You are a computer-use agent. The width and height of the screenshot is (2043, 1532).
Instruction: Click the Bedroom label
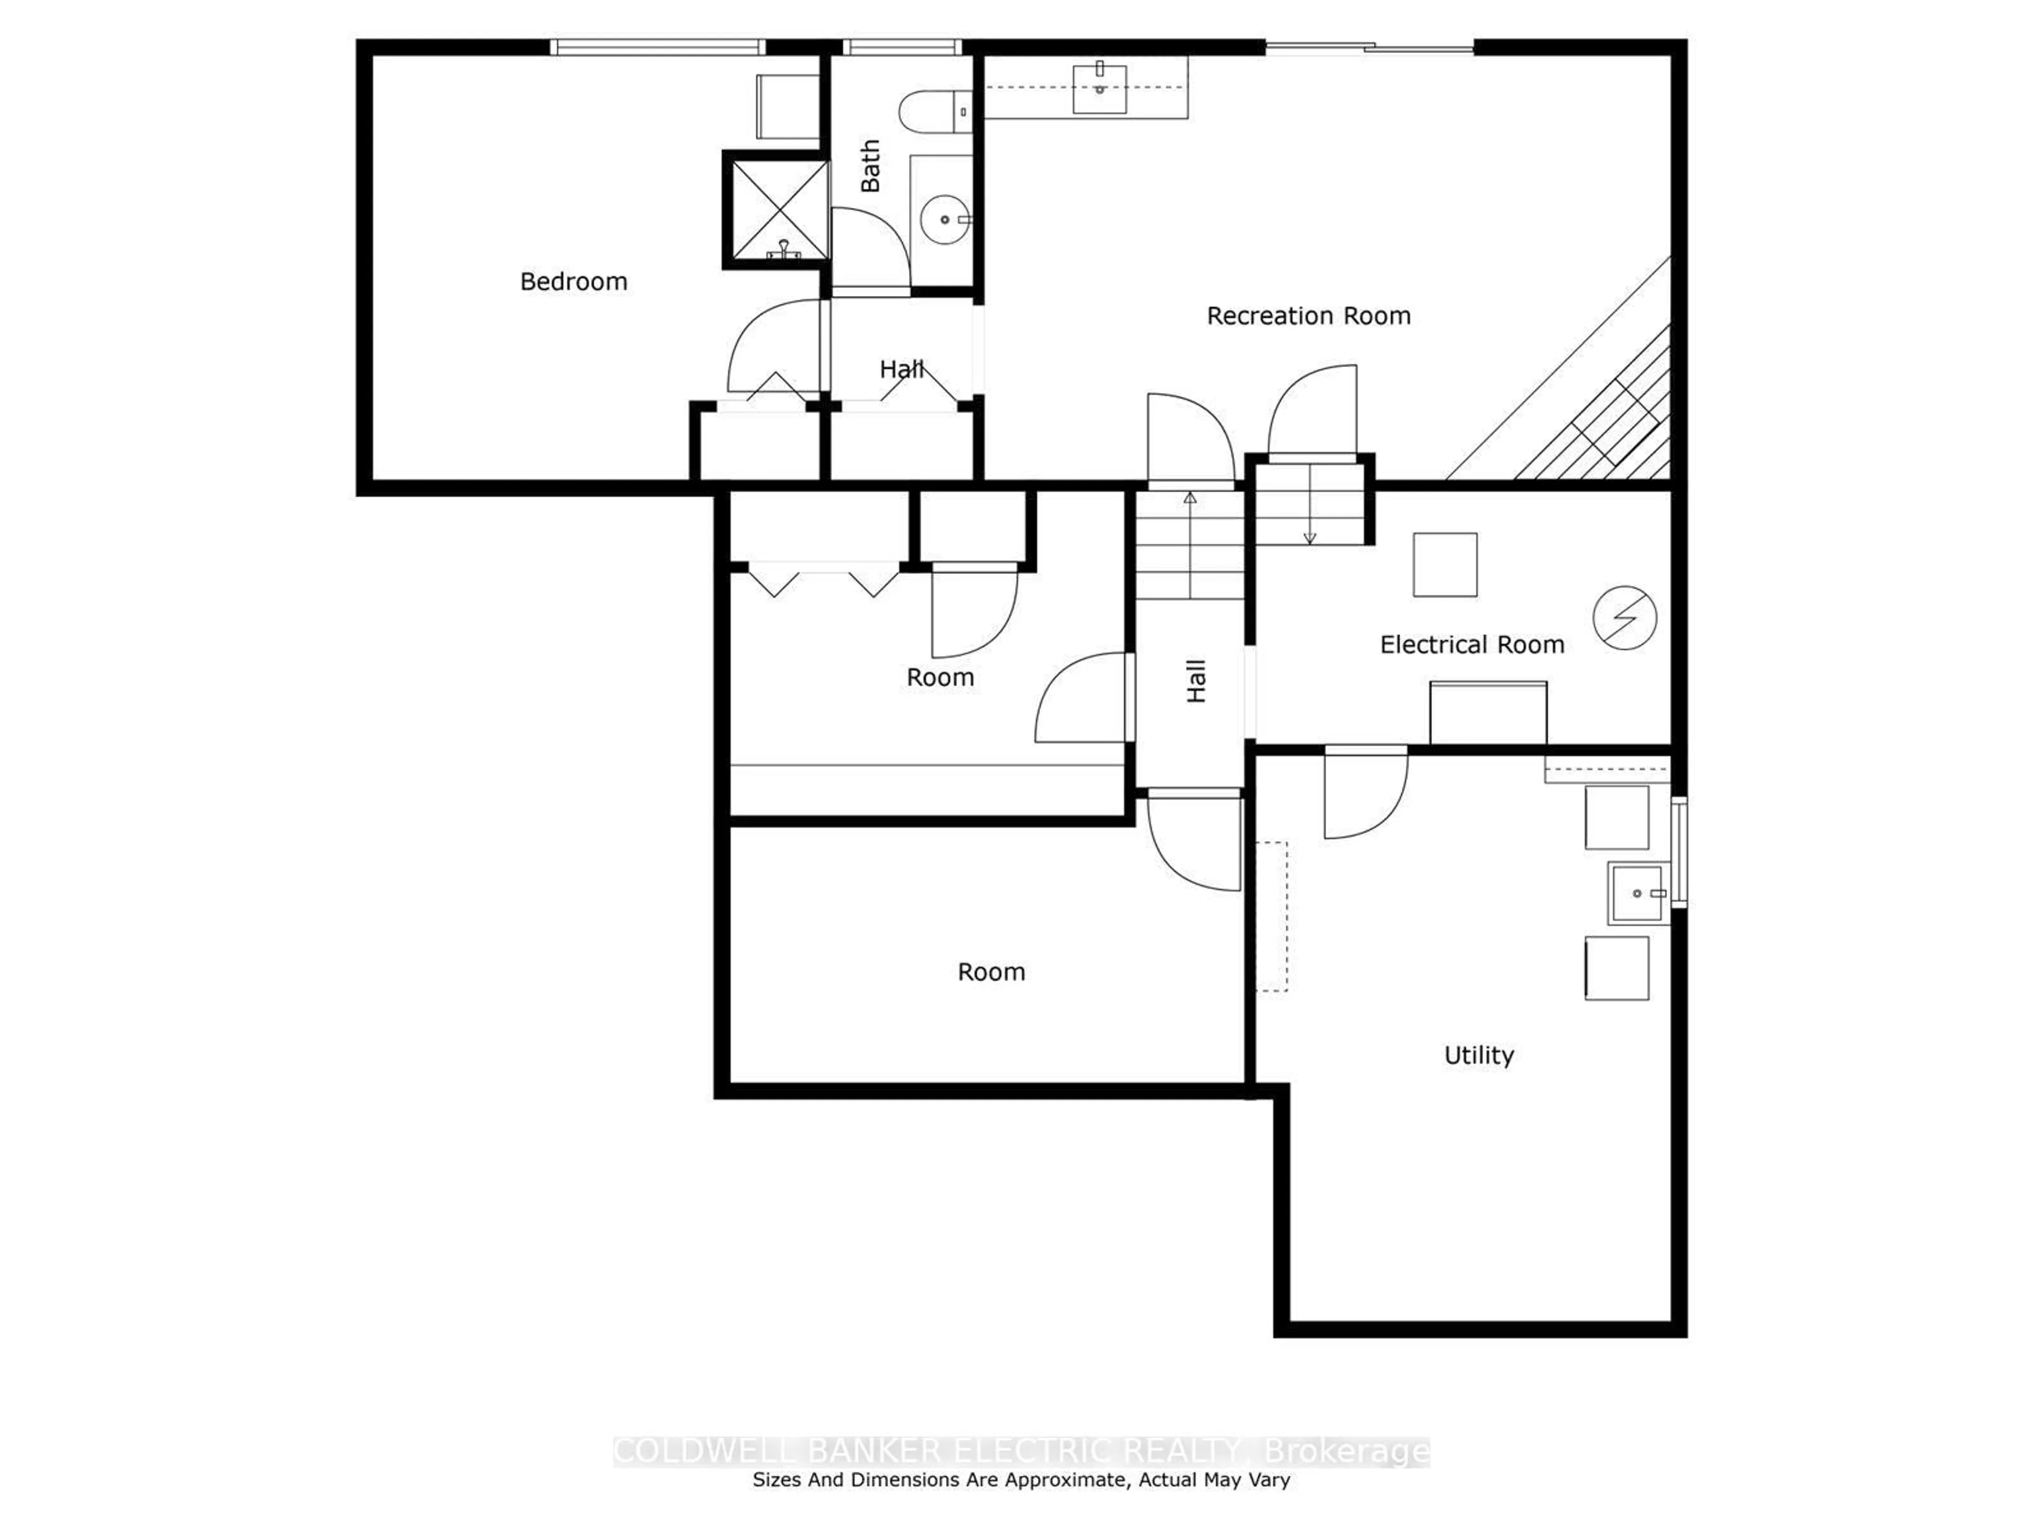[574, 281]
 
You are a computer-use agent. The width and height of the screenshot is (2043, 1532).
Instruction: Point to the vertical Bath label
[870, 166]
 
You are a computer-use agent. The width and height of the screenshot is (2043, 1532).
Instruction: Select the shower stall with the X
[776, 211]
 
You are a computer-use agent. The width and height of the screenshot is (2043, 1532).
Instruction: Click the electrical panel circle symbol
[1625, 618]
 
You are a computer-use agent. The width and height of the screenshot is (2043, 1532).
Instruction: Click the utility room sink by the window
[1638, 893]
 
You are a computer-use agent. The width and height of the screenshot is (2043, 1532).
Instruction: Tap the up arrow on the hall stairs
[1191, 498]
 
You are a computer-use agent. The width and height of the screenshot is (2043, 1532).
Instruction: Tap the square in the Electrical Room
[1444, 564]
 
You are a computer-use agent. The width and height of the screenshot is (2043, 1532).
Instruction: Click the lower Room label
[991, 971]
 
